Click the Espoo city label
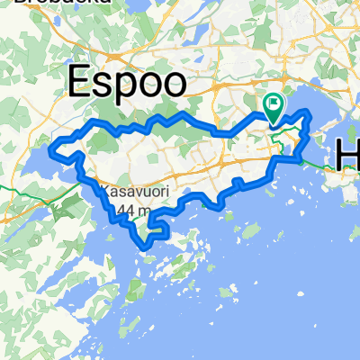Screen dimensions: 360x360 pyautogui.click(x=129, y=83)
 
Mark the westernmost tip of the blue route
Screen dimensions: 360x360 pyautogui.click(x=51, y=146)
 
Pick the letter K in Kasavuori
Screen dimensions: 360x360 pyautogui.click(x=103, y=192)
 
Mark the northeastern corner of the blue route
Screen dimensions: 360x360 pyautogui.click(x=309, y=112)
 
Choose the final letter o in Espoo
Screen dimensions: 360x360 pyautogui.click(x=175, y=85)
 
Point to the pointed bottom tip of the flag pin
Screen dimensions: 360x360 pyautogui.click(x=273, y=121)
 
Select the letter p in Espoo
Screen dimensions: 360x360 pyautogui.click(x=124, y=88)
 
